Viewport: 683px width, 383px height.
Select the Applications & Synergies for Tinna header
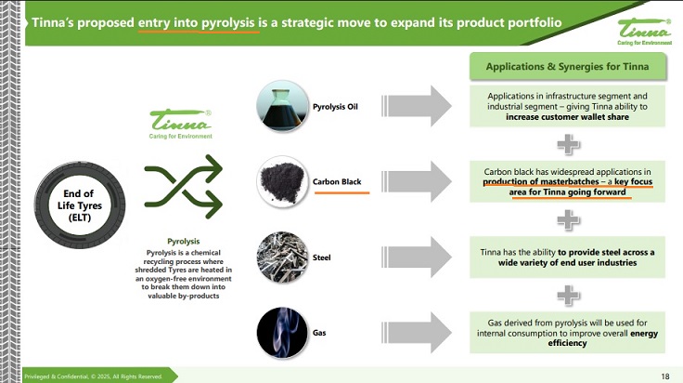click(x=568, y=67)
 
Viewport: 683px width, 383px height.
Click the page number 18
click(x=664, y=376)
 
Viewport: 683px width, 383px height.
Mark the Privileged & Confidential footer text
click(x=93, y=376)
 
